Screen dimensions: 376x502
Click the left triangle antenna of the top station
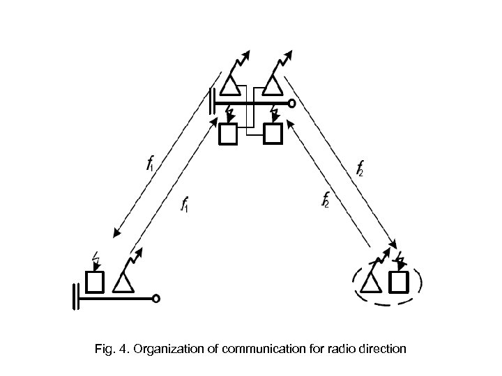(x=230, y=86)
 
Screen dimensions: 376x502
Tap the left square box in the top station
(x=228, y=133)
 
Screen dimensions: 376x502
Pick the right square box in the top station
(x=273, y=133)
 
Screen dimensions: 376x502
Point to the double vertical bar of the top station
(x=212, y=104)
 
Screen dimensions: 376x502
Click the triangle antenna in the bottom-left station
(x=123, y=282)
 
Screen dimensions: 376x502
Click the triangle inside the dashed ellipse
(x=370, y=283)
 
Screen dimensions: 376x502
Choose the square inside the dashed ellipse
(x=398, y=282)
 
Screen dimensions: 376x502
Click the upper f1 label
(x=151, y=165)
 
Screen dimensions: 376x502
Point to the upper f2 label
(x=358, y=169)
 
